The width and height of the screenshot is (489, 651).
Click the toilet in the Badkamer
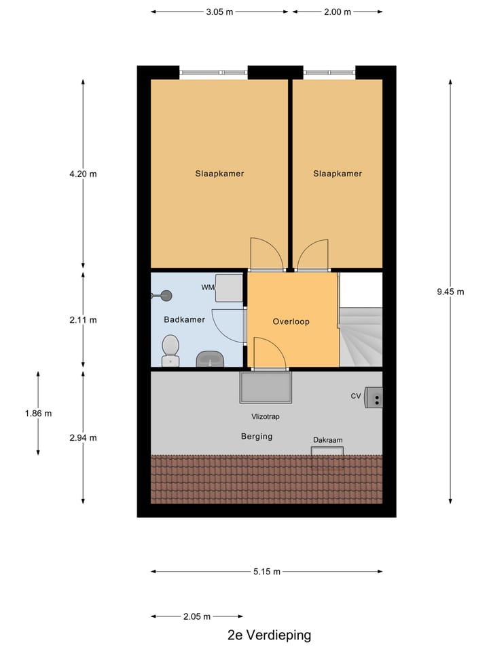pos(170,349)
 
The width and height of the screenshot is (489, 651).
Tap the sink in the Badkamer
pos(209,359)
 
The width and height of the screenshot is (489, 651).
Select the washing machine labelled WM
pos(229,288)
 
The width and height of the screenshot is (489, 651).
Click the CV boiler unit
pos(374,397)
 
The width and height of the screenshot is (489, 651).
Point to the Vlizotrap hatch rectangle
pos(265,387)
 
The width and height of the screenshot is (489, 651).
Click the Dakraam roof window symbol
pos(327,451)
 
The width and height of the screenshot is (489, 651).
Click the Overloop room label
pos(291,321)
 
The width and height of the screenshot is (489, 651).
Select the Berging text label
pos(257,436)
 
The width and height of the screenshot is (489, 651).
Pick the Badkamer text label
pos(179,319)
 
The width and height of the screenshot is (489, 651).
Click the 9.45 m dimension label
pos(451,292)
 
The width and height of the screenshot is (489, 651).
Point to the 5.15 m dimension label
pos(266,572)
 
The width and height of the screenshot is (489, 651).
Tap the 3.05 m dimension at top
pos(220,12)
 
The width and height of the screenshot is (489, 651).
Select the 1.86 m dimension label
pos(38,413)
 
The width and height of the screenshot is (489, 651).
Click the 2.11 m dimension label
pos(83,320)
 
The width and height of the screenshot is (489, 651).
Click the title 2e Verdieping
pos(270,635)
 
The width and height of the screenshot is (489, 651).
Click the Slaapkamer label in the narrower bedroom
pos(338,174)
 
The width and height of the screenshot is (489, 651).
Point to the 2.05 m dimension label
pos(197,616)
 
